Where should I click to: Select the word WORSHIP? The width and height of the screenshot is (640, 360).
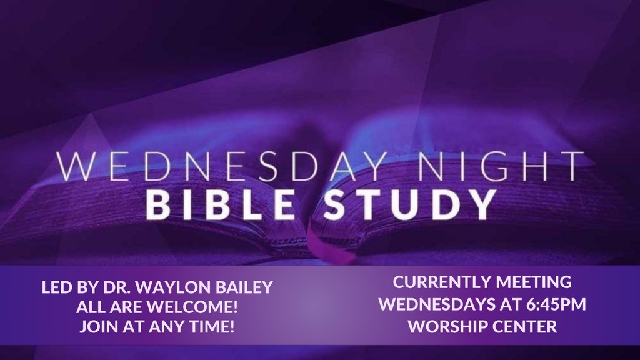[x=444, y=326]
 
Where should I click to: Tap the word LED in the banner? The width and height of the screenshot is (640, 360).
[x=55, y=289]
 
